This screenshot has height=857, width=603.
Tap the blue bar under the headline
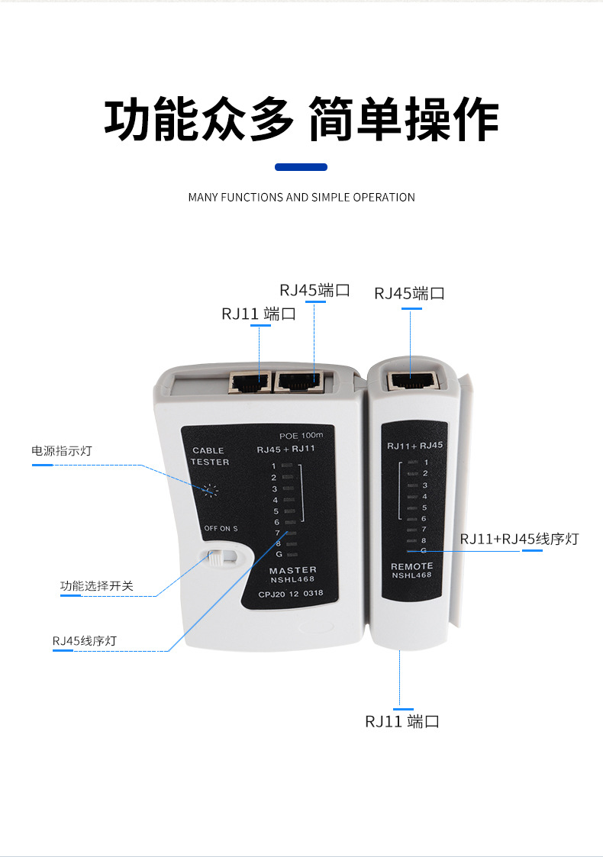(x=301, y=167)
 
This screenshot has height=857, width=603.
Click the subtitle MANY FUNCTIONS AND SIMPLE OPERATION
(x=301, y=197)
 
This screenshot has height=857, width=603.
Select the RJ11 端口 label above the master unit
(x=259, y=314)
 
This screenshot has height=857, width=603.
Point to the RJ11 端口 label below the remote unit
(x=401, y=721)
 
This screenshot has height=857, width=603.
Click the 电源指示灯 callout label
(x=61, y=451)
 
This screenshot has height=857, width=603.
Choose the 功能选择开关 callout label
(x=97, y=586)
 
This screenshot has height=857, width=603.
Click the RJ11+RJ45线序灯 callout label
(x=519, y=540)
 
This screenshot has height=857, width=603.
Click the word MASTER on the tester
(x=292, y=570)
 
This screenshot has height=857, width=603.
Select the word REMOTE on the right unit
(x=411, y=566)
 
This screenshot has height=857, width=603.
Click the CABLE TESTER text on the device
(x=209, y=456)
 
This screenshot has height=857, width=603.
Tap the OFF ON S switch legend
(x=221, y=528)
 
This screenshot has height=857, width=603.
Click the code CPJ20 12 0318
(x=291, y=593)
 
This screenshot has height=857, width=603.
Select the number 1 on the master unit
(x=273, y=466)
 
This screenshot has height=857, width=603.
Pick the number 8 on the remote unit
(x=424, y=540)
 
